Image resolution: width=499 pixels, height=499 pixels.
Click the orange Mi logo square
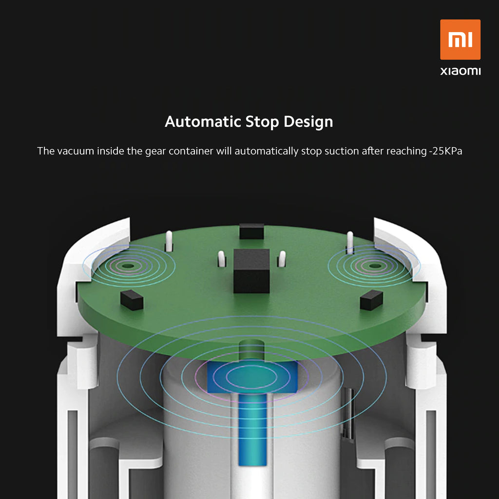[460, 39]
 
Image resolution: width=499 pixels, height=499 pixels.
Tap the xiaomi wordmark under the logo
[460, 71]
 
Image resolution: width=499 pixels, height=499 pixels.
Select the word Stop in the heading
[262, 121]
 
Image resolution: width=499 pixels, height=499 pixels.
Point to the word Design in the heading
[308, 121]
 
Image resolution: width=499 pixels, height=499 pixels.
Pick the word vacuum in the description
[76, 151]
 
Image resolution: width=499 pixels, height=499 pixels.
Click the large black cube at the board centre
[251, 271]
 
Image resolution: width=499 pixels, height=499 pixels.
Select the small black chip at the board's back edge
[251, 231]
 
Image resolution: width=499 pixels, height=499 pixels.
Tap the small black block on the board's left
[132, 300]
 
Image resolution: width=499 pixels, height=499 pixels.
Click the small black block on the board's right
[371, 300]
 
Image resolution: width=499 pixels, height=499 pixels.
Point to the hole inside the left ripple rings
[128, 266]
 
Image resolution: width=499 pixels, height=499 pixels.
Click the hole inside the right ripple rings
[375, 266]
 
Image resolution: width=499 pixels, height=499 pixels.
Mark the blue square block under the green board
[252, 377]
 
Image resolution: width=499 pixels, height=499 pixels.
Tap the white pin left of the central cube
[221, 258]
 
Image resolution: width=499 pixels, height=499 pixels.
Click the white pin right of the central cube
[281, 258]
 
